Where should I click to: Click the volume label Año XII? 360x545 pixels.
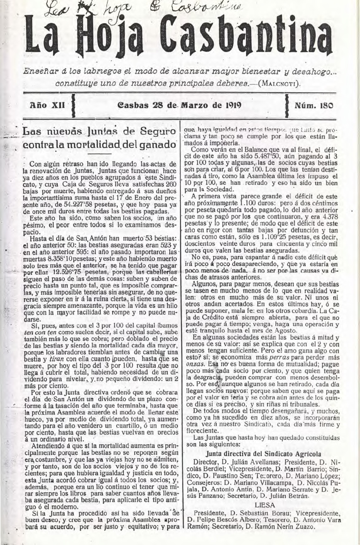tap(47, 105)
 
